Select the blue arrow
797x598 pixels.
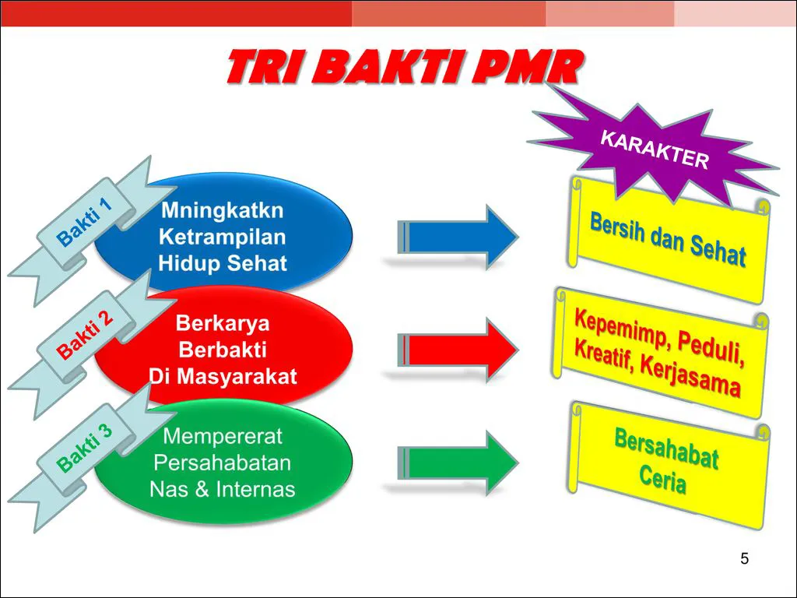pyautogui.click(x=459, y=237)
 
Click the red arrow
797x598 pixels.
pyautogui.click(x=459, y=350)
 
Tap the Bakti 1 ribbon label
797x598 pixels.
pyautogui.click(x=86, y=222)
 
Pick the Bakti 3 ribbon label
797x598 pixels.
pyautogui.click(x=86, y=448)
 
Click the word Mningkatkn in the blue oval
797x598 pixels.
pyautogui.click(x=223, y=211)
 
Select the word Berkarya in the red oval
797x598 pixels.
pyautogui.click(x=223, y=322)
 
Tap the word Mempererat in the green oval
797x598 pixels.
pyautogui.click(x=223, y=436)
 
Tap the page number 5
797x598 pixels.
pyautogui.click(x=744, y=559)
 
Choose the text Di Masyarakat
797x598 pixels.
pyautogui.click(x=223, y=378)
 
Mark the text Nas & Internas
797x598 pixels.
pyautogui.click(x=223, y=490)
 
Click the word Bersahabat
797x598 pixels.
pyautogui.click(x=666, y=449)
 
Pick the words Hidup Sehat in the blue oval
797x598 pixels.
pyautogui.click(x=223, y=263)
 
